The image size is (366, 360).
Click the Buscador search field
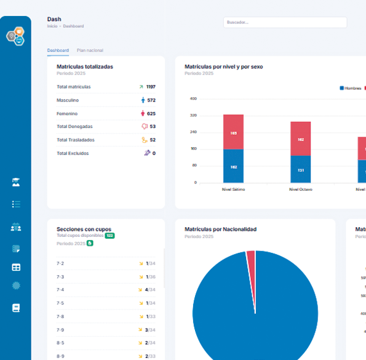[285, 22]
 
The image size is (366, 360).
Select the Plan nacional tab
[90, 50]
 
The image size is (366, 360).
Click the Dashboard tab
[58, 50]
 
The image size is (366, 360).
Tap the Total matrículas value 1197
[151, 87]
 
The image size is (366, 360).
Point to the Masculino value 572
[151, 100]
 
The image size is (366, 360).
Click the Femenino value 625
[151, 113]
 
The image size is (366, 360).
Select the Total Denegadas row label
[74, 126]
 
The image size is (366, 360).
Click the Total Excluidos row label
[73, 153]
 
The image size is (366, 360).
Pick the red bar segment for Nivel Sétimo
[233, 132]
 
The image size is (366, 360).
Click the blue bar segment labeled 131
[300, 169]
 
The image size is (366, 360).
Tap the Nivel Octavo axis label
[300, 190]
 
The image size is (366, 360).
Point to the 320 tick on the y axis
[193, 115]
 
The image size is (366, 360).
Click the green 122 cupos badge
[109, 236]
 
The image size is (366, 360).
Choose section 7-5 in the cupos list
[60, 303]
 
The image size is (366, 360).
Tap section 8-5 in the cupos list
[60, 343]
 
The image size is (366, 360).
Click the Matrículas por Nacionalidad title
[220, 229]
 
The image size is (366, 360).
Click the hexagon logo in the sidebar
[15, 36]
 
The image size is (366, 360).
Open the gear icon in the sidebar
[16, 286]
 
